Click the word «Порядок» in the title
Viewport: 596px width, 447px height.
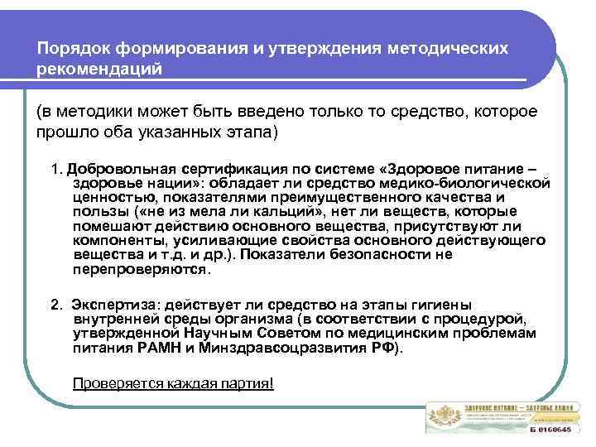pos(69,48)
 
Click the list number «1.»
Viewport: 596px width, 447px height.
pos(56,168)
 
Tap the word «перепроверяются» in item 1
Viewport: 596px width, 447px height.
pos(141,269)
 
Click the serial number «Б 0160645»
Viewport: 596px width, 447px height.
pos(550,430)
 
